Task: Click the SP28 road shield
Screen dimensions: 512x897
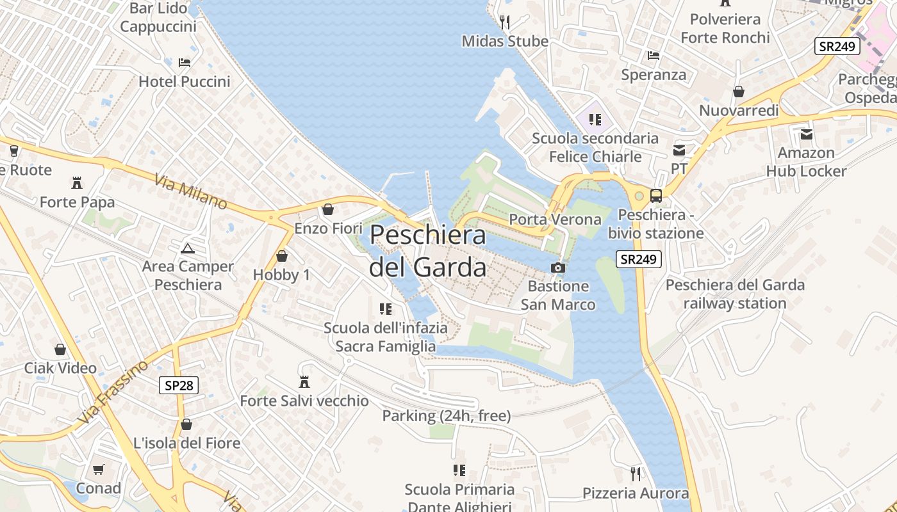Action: click(179, 385)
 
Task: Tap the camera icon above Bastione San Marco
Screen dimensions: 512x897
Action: click(558, 268)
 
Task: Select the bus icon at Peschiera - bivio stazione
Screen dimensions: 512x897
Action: click(656, 196)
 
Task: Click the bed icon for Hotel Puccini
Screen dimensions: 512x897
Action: click(185, 63)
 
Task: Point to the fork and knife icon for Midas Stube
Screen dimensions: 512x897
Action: click(505, 22)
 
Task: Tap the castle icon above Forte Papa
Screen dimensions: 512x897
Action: click(77, 183)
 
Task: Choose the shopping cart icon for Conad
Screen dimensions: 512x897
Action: click(98, 470)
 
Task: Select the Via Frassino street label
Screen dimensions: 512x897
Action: click(113, 392)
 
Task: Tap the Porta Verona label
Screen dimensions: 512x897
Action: click(555, 220)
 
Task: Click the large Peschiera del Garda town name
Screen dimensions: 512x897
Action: click(427, 251)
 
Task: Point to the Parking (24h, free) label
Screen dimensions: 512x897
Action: click(447, 416)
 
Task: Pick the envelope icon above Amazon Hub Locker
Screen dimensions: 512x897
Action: click(806, 134)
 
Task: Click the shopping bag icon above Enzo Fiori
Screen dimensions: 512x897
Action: click(328, 209)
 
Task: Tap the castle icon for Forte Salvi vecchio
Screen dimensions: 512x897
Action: click(304, 382)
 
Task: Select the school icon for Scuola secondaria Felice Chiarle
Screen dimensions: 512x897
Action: click(595, 119)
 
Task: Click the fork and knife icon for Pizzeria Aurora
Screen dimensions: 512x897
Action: click(636, 474)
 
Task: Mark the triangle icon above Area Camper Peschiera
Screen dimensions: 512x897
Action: click(187, 248)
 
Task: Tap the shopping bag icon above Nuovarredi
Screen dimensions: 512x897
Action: click(739, 92)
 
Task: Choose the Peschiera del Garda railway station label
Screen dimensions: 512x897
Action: click(735, 294)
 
